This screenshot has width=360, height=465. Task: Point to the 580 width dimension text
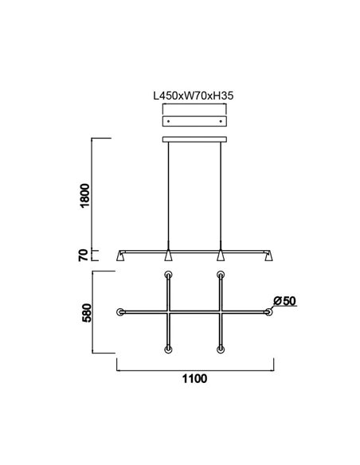coord(87,312)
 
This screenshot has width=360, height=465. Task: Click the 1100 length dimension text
coord(195,379)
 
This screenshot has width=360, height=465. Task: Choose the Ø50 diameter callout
coord(284,300)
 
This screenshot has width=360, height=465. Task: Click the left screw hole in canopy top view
coord(168,120)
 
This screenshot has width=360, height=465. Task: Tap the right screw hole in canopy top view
coord(221,120)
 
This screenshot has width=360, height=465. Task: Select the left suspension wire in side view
coord(169,195)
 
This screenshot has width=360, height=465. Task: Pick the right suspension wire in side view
coord(221,195)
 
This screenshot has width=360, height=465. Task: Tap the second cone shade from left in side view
coord(169,256)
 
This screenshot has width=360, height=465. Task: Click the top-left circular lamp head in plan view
coord(168,275)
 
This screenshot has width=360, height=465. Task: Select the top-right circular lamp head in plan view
coord(221,275)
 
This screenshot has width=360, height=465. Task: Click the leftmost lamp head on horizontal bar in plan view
coord(120,312)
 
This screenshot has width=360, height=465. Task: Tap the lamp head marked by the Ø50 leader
coord(268,312)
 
